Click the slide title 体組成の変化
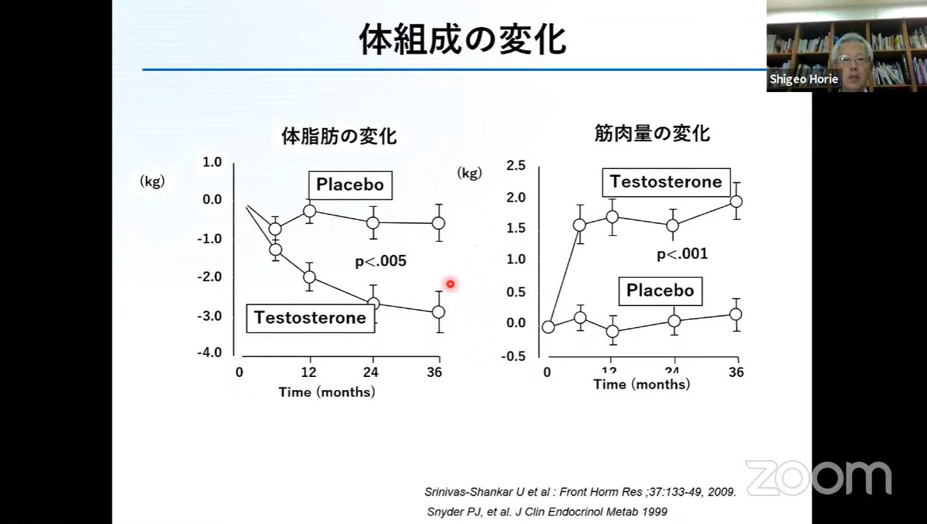point(463,39)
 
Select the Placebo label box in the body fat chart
point(350,185)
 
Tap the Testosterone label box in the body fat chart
point(310,318)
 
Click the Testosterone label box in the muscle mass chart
point(666,182)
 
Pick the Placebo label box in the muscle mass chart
point(660,291)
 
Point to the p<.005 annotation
point(380,261)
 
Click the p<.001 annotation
point(682,254)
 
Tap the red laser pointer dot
point(451,284)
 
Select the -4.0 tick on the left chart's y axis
point(209,353)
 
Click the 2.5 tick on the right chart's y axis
point(516,166)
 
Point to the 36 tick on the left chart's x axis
point(434,372)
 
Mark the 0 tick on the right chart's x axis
point(547,372)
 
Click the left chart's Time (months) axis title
point(327,392)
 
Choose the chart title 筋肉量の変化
point(652,133)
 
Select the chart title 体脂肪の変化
point(339,136)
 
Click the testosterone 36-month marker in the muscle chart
point(736,201)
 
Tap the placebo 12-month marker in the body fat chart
point(309,211)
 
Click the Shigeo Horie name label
point(804,79)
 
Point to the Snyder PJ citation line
point(547,511)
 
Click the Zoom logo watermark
point(818,477)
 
